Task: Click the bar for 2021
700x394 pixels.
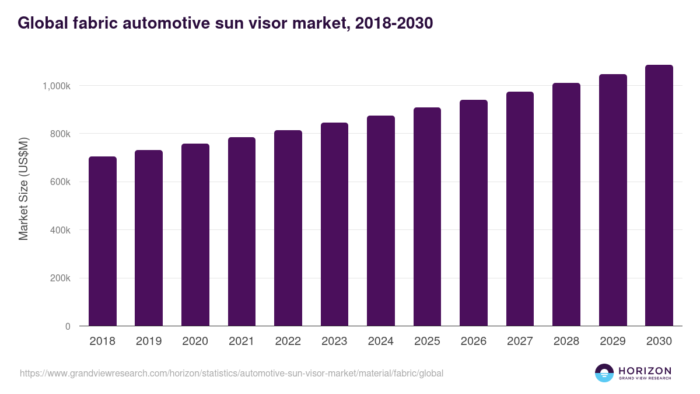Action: click(x=242, y=232)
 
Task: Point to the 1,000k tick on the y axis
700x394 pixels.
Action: click(x=57, y=86)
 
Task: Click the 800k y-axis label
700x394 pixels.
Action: click(x=59, y=134)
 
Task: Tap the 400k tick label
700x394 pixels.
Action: click(x=59, y=230)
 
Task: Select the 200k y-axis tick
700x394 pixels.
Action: click(x=59, y=278)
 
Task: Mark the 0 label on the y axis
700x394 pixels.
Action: click(x=68, y=326)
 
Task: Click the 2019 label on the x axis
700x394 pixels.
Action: click(x=149, y=341)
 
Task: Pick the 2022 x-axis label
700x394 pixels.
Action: click(x=288, y=341)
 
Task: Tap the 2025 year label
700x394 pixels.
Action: click(x=427, y=341)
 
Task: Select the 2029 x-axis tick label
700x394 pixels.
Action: click(x=612, y=341)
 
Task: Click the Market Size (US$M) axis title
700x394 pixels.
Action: click(x=23, y=189)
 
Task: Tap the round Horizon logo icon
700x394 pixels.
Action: click(x=604, y=373)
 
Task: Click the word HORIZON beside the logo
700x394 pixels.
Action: click(x=645, y=370)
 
